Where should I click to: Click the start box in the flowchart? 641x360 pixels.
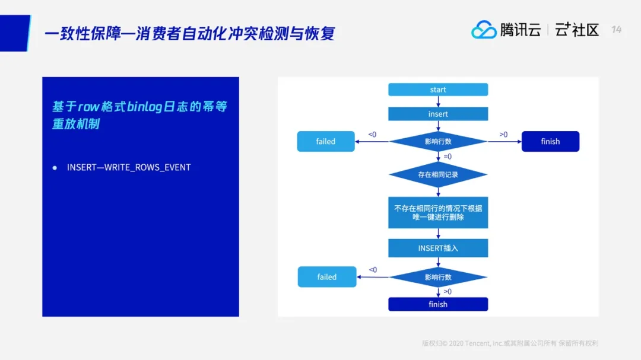(438, 90)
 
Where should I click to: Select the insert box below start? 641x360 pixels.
(438, 114)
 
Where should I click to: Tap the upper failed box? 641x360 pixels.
(326, 142)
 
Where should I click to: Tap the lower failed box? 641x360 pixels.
(327, 277)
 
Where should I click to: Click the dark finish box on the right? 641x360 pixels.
(550, 142)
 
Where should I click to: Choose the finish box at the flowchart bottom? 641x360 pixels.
(438, 304)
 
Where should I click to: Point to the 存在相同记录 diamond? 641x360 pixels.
(438, 175)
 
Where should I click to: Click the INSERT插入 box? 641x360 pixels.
(438, 248)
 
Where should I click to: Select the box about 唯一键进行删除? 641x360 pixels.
(438, 213)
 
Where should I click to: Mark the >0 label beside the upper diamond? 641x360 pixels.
(503, 135)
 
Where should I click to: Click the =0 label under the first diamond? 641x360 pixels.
(447, 157)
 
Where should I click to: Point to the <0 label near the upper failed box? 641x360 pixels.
(372, 135)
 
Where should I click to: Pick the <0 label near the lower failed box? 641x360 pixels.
(373, 270)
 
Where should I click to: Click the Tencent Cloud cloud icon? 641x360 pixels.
(484, 30)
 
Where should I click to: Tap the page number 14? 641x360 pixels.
(617, 30)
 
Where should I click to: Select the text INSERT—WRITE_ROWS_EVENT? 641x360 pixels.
(129, 167)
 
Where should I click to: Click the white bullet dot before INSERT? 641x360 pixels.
(55, 168)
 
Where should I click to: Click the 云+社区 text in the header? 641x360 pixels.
(577, 30)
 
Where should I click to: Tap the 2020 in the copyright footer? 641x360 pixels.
(457, 343)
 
